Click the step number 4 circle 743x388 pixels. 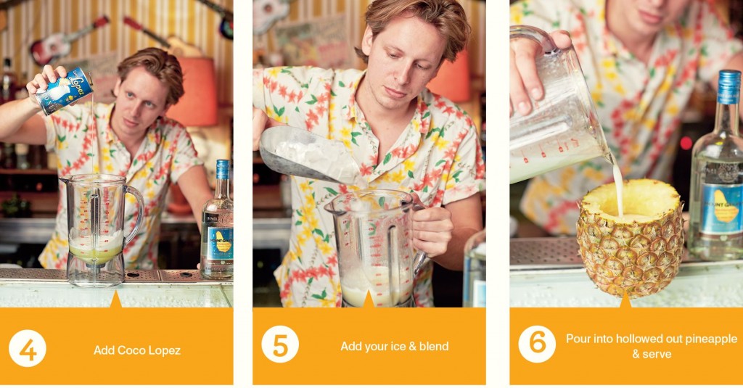pyautogui.click(x=28, y=349)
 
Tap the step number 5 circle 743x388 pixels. pyautogui.click(x=280, y=344)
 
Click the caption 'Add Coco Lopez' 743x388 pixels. pyautogui.click(x=137, y=350)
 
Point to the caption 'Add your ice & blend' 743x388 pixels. pyautogui.click(x=395, y=346)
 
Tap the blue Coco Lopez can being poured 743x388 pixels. pyautogui.click(x=65, y=90)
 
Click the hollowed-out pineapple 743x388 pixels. pyautogui.click(x=630, y=239)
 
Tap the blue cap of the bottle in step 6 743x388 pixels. pyautogui.click(x=728, y=86)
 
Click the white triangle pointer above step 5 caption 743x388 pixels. pyautogui.click(x=369, y=299)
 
